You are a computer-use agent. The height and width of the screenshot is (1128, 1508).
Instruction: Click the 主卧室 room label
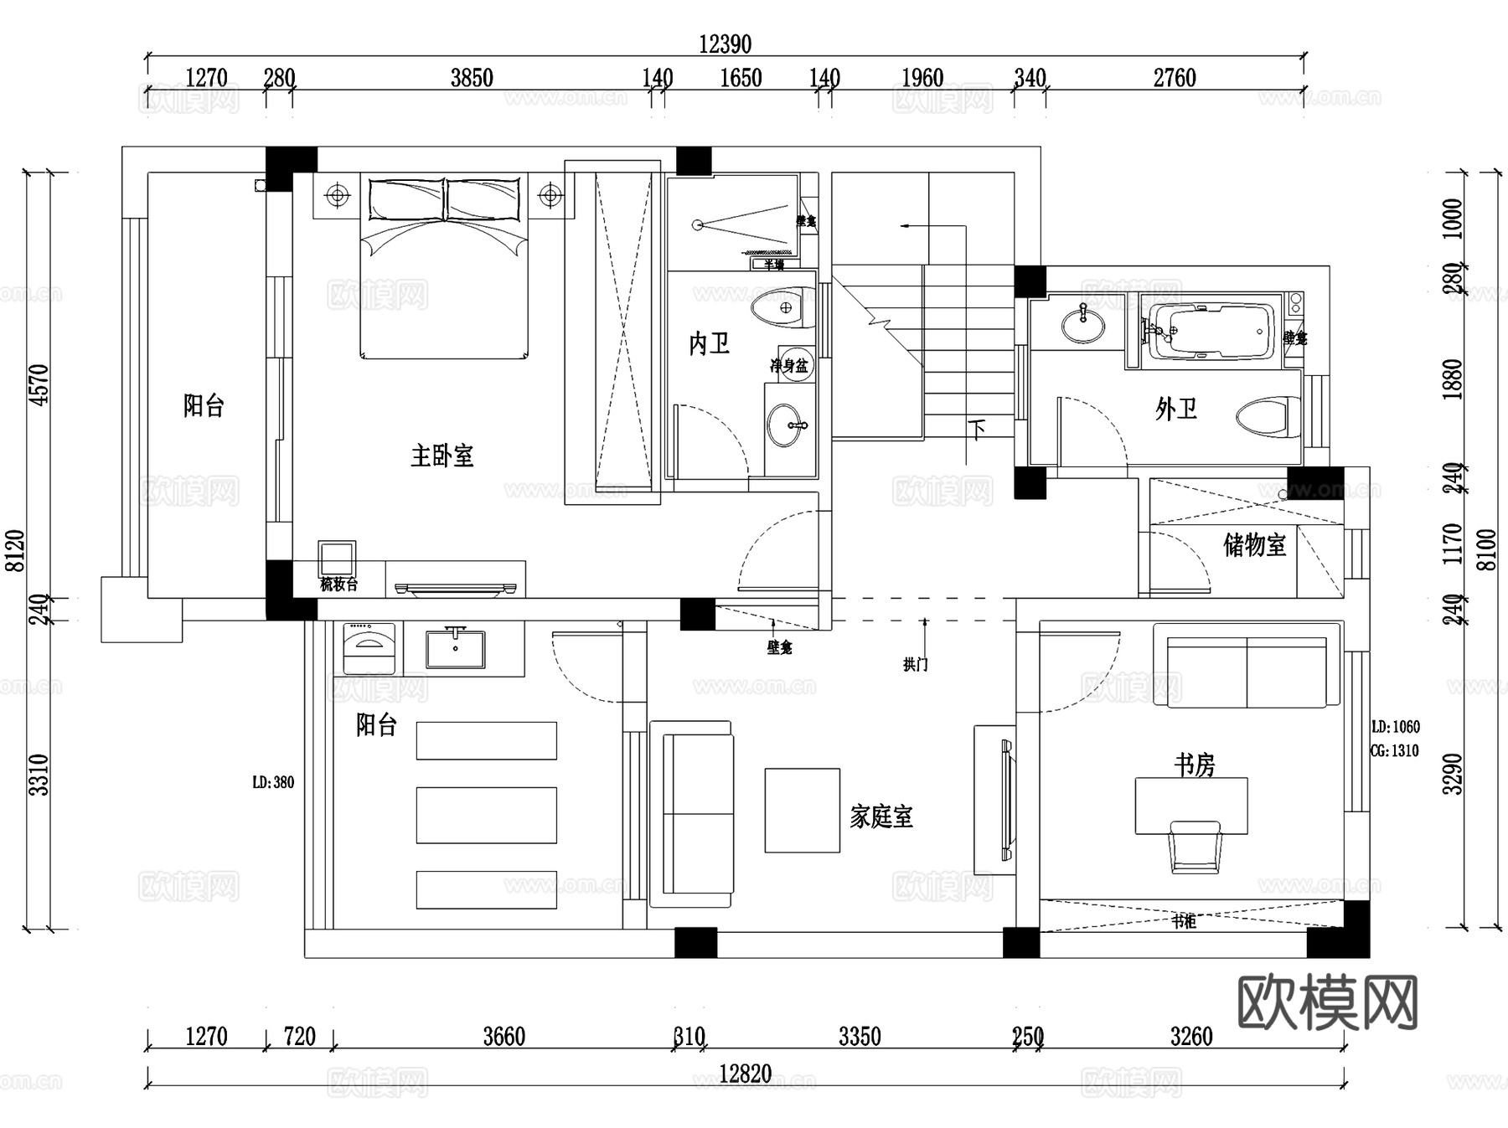(442, 456)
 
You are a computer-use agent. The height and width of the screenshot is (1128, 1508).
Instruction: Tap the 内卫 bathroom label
(709, 343)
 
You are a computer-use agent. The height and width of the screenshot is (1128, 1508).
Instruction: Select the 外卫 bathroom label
(1175, 409)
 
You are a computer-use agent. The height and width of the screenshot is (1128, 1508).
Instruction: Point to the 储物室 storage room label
(1253, 545)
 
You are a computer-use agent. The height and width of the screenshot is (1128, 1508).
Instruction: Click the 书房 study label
(1194, 765)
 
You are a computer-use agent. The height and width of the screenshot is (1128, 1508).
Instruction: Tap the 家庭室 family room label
(881, 816)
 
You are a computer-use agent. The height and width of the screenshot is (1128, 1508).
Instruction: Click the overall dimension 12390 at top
(725, 44)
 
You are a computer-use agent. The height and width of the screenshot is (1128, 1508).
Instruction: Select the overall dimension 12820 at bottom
(745, 1074)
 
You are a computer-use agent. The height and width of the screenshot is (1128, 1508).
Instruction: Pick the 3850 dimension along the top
(472, 78)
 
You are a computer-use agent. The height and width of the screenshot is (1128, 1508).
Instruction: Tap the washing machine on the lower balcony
(369, 647)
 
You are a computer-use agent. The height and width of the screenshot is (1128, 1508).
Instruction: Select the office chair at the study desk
(1195, 847)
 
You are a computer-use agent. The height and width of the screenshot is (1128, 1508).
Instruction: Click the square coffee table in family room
(802, 810)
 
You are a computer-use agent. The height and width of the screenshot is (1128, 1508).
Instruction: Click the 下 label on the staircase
(977, 430)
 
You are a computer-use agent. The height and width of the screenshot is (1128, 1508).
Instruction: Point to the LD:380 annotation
(273, 782)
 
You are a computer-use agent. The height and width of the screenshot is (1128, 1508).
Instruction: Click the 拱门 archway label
(915, 664)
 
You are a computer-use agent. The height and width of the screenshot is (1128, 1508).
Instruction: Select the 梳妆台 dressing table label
(338, 585)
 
